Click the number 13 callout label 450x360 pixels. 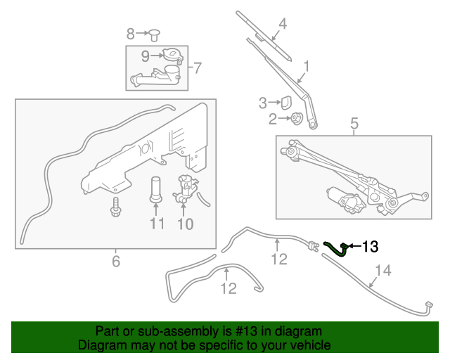(x=370, y=246)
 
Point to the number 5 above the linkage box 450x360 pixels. (x=354, y=124)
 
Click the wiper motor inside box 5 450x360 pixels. (x=347, y=200)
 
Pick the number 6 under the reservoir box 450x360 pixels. (x=116, y=262)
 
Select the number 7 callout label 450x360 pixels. (x=198, y=68)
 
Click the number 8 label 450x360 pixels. (x=131, y=34)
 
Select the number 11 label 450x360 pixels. (x=156, y=224)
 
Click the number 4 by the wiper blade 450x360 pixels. (x=283, y=24)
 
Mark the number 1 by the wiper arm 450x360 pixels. (x=306, y=67)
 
